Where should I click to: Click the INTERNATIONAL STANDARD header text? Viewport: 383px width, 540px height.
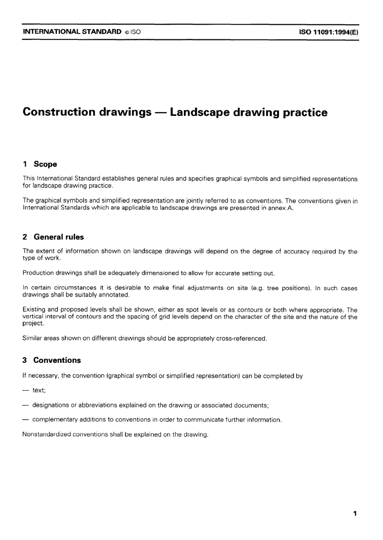tap(72, 31)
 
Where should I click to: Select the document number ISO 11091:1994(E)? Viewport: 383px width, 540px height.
tap(328, 32)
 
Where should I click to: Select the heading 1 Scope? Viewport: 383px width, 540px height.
tap(40, 164)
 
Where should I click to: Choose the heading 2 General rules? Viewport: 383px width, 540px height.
tap(53, 237)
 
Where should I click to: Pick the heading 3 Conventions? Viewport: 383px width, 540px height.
tap(52, 360)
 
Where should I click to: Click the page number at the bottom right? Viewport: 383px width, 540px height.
tap(354, 514)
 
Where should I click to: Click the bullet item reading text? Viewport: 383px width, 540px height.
tap(39, 391)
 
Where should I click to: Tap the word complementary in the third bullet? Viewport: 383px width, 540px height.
tap(55, 420)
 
